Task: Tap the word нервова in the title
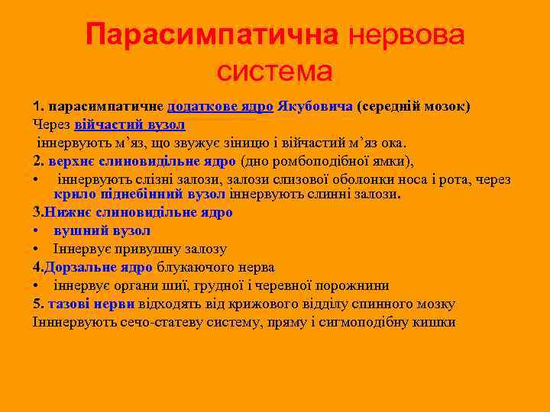point(406,34)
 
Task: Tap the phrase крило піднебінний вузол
point(140,195)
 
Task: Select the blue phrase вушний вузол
point(102,230)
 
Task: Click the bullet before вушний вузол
point(37,230)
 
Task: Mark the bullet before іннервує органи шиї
point(37,285)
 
